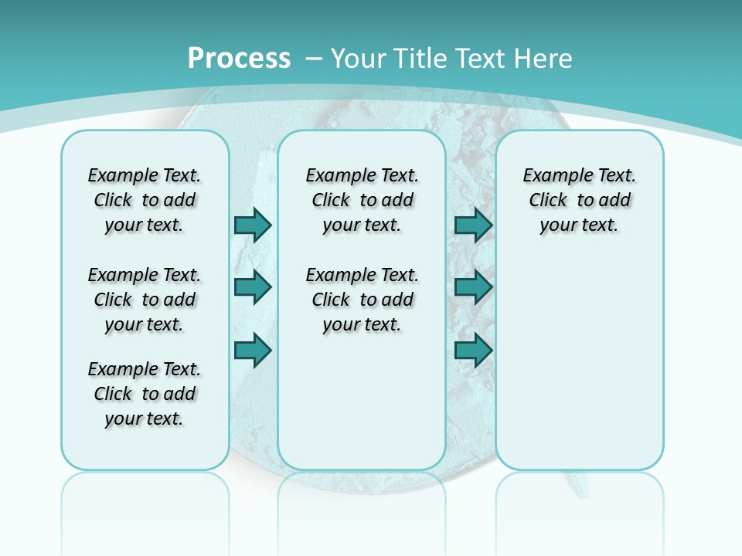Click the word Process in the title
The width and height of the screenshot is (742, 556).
coord(239,59)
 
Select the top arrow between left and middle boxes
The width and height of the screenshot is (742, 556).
coord(253,225)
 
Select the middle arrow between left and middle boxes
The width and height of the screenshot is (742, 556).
coord(253,287)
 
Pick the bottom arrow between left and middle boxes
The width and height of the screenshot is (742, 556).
coord(253,351)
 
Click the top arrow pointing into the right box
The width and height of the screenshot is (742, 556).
coord(473,225)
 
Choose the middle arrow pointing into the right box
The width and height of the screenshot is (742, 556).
coord(473,287)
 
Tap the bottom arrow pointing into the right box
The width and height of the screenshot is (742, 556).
coord(473,351)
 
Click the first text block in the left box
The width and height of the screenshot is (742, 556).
coord(145,200)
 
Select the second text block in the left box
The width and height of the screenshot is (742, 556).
coord(145,300)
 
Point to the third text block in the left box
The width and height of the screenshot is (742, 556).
coord(145,394)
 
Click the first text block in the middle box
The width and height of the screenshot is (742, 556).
coord(362,200)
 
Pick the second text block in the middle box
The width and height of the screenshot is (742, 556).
coord(362,300)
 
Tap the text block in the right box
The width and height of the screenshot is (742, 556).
coord(579,200)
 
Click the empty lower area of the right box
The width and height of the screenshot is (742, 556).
coord(579,371)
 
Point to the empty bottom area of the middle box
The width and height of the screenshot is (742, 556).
coord(362,409)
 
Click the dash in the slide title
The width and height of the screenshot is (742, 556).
coord(314,59)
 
